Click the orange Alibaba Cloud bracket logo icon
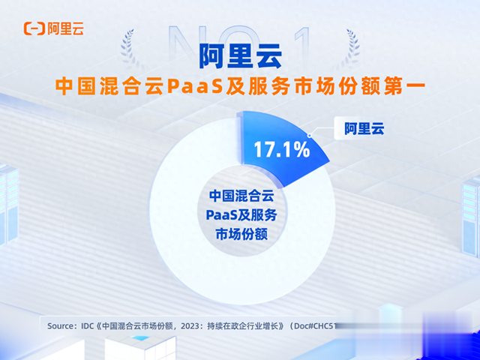click(x=33, y=28)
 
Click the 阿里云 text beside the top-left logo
click(x=64, y=28)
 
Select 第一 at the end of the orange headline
click(x=404, y=85)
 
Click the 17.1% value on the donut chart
click(x=280, y=149)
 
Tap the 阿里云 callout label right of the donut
click(x=364, y=128)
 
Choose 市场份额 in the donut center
click(x=240, y=235)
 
